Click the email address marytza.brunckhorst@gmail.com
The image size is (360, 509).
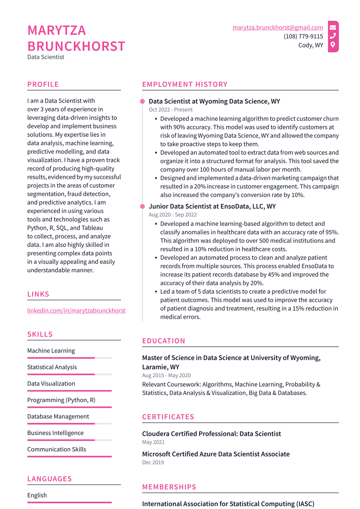[x=277, y=27]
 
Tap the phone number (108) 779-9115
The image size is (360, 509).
[x=303, y=36]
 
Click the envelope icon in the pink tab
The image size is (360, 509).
[x=333, y=27]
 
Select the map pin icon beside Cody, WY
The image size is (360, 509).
[x=333, y=45]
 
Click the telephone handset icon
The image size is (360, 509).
[x=333, y=36]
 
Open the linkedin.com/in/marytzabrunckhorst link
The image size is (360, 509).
[x=76, y=310]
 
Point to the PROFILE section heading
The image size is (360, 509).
[x=43, y=84]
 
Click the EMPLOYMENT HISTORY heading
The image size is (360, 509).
[x=185, y=84]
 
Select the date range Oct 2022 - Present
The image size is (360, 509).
[x=171, y=110]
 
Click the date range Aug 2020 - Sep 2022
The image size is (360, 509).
[x=173, y=215]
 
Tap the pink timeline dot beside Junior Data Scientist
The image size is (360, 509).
[x=142, y=206]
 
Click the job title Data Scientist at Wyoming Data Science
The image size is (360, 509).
[x=214, y=101]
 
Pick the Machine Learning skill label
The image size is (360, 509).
[x=51, y=351]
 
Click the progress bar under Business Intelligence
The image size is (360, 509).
[x=69, y=440]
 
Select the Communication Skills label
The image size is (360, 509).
[x=57, y=449]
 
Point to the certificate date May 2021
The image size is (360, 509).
[x=153, y=442]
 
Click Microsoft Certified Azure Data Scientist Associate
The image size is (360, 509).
[x=216, y=454]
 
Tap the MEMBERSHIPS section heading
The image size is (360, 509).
[x=169, y=487]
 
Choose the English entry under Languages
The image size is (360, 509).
[x=37, y=495]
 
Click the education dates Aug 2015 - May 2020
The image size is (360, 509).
[x=166, y=375]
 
